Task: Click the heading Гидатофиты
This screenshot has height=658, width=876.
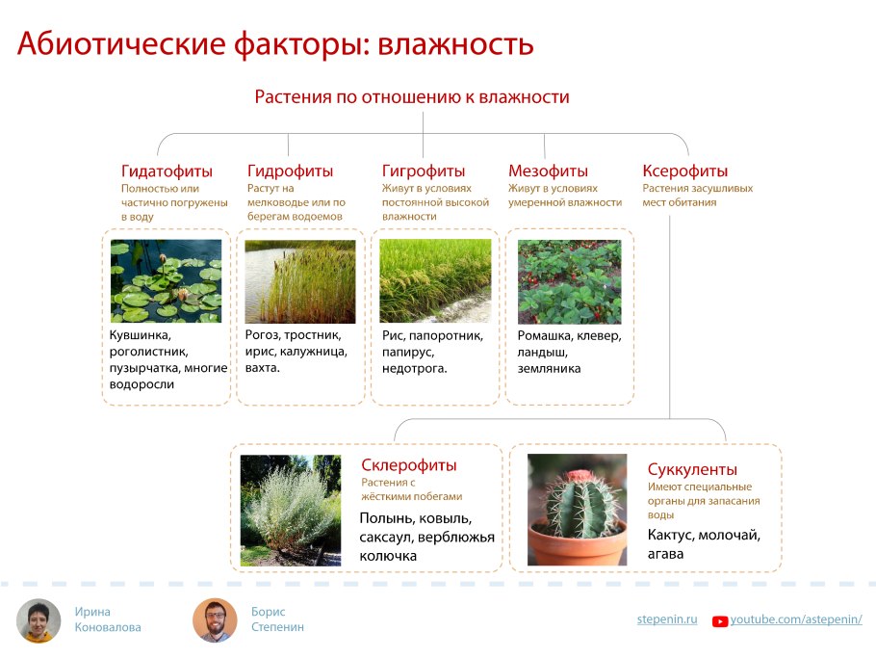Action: click(167, 171)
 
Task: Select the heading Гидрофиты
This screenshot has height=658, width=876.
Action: click(290, 171)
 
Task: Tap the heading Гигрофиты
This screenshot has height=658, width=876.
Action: click(423, 171)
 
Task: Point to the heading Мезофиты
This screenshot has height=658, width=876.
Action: click(548, 171)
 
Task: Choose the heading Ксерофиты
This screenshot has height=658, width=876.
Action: click(684, 171)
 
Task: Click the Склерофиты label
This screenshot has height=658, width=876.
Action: click(408, 465)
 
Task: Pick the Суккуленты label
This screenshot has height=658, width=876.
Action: click(692, 470)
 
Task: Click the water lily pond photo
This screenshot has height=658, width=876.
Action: click(166, 280)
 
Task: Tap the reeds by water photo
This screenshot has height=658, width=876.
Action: click(300, 280)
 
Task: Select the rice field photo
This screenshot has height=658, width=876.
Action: click(435, 280)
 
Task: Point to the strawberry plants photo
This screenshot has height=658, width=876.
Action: click(569, 280)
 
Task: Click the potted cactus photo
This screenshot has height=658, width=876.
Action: click(577, 509)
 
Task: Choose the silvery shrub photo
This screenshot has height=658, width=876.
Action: click(290, 509)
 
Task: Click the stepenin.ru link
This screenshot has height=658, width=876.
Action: click(666, 619)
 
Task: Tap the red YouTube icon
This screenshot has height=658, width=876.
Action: click(719, 621)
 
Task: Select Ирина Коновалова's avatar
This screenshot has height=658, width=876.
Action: click(39, 620)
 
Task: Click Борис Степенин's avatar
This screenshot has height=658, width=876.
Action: click(215, 620)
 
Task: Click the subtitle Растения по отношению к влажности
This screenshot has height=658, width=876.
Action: click(412, 97)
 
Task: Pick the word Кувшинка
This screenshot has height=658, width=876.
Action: click(141, 335)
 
